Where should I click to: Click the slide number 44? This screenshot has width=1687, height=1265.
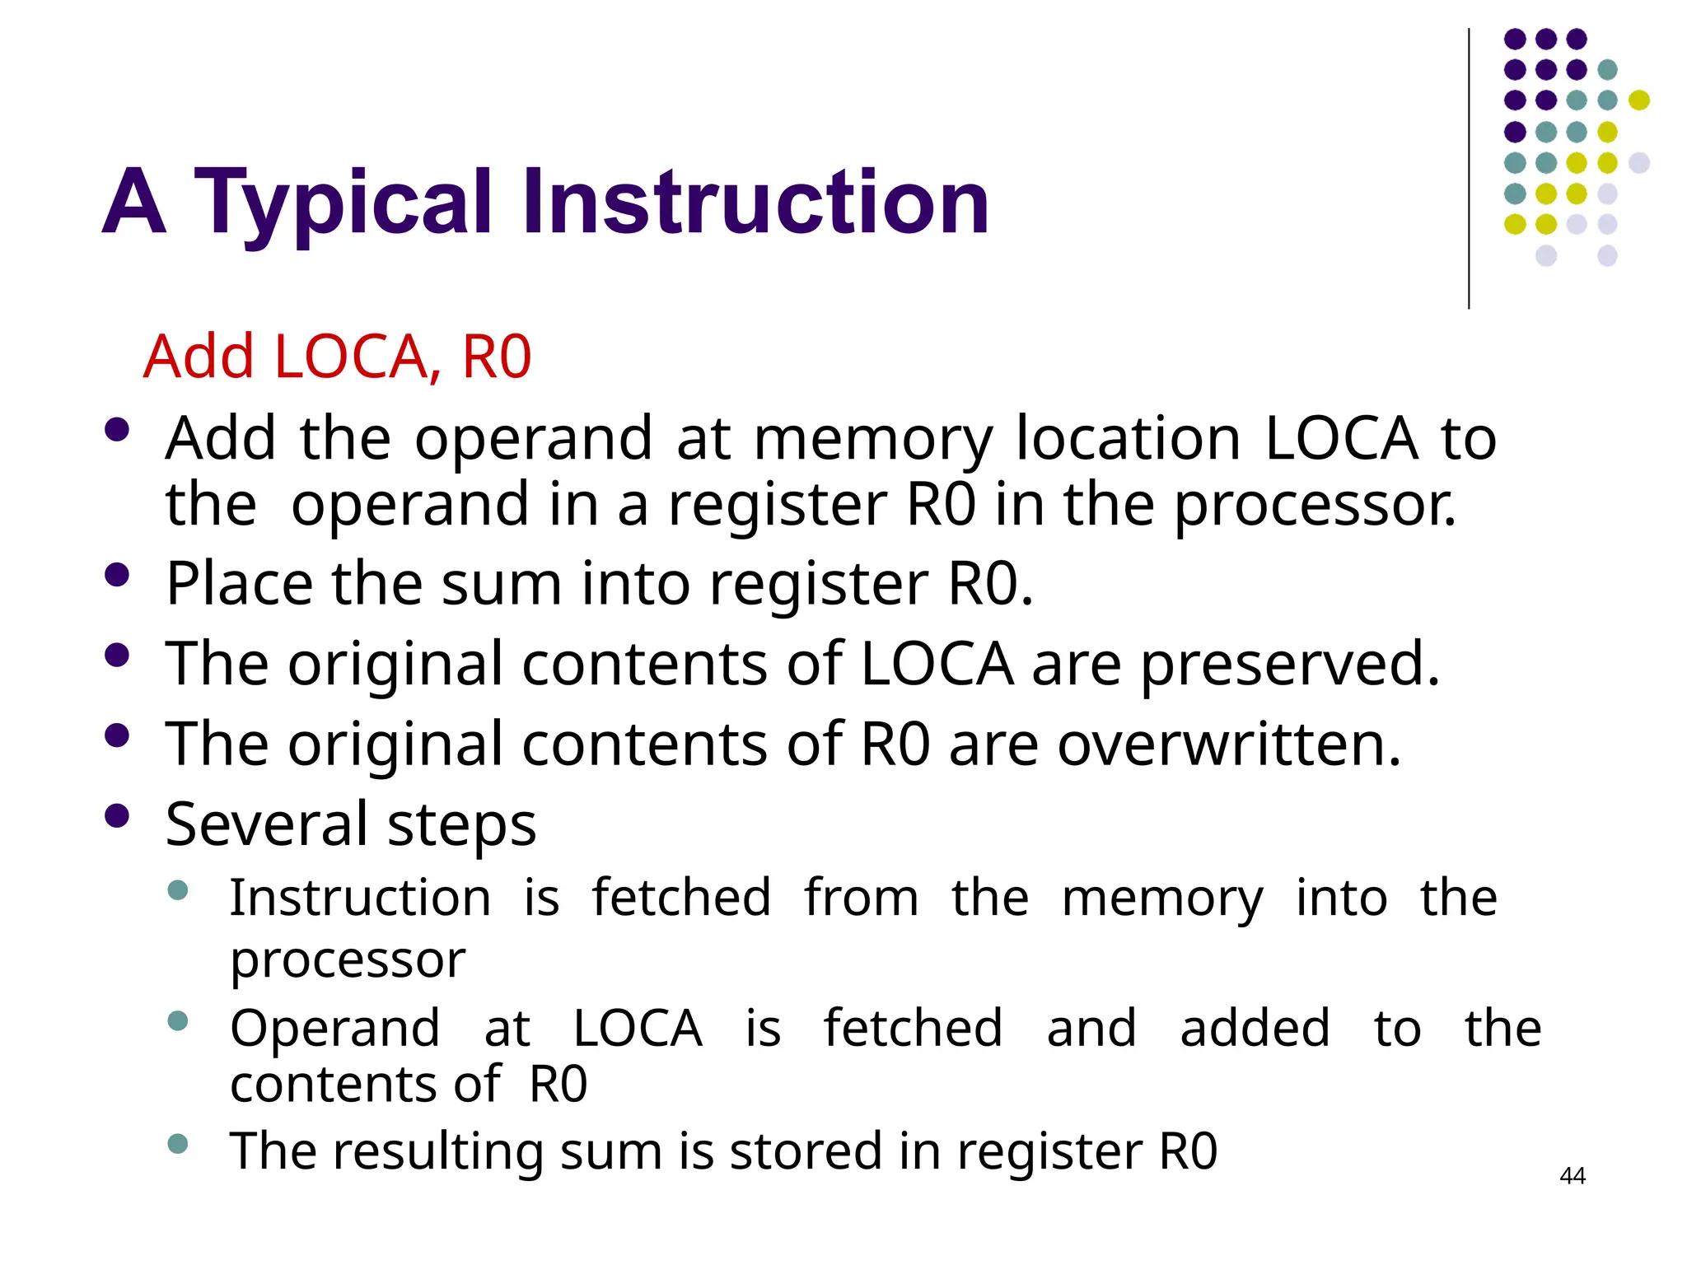click(1572, 1176)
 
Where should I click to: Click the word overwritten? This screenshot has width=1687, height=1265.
click(1229, 744)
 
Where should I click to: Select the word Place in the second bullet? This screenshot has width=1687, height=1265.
click(239, 583)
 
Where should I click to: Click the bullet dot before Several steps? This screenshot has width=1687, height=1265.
click(118, 815)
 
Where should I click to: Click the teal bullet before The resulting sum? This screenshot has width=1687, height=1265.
click(177, 1143)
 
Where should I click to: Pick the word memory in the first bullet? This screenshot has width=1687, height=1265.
click(873, 439)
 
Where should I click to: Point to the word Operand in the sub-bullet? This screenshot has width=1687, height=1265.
click(334, 1029)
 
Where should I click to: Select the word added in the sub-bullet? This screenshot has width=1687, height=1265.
click(1255, 1029)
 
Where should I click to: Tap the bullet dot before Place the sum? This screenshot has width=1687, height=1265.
click(118, 574)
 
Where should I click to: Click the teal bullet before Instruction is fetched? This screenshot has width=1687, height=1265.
click(177, 889)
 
